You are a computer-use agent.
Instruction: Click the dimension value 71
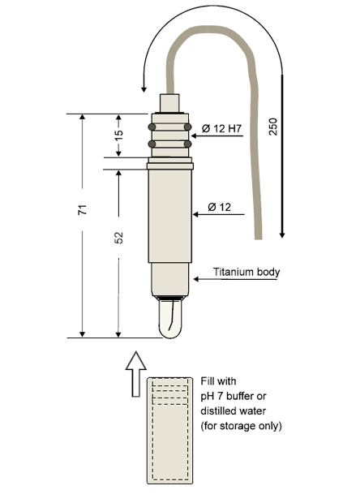[83, 209]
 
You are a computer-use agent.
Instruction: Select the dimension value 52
[118, 238]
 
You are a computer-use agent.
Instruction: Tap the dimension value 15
[118, 135]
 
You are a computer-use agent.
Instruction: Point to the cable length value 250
[272, 127]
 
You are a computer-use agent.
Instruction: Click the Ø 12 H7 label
[221, 129]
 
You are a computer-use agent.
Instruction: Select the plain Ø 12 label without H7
[219, 207]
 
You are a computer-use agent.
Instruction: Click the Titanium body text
[246, 272]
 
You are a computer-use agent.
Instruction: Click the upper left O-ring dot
[152, 127]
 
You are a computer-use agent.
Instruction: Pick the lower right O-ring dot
[187, 144]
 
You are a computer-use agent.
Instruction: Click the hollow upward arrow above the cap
[136, 374]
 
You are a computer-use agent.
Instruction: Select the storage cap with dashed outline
[170, 431]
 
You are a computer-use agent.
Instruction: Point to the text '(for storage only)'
[241, 426]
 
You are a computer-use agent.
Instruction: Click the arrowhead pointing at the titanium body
[196, 279]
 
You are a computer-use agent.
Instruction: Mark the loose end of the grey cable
[259, 239]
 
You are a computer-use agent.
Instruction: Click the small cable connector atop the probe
[169, 103]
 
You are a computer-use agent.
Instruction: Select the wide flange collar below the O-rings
[170, 166]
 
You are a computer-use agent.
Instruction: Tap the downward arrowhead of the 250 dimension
[282, 234]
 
